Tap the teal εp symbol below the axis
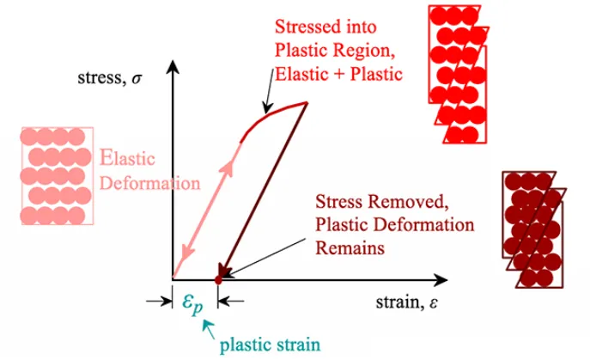tap(192, 302)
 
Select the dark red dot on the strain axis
tap(218, 278)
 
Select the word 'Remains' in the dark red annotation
tap(349, 247)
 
